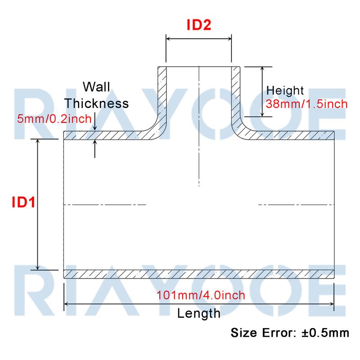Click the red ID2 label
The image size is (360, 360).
point(199,25)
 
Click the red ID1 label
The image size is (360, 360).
point(23,202)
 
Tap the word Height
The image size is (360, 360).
point(285,91)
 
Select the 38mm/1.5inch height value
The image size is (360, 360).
point(307,104)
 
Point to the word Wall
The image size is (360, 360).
point(96,87)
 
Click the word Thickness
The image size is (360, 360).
point(96,103)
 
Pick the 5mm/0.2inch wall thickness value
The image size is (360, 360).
point(54,119)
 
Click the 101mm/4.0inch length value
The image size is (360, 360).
point(201,295)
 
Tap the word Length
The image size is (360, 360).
point(199,314)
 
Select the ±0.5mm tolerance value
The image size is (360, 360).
point(325,333)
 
